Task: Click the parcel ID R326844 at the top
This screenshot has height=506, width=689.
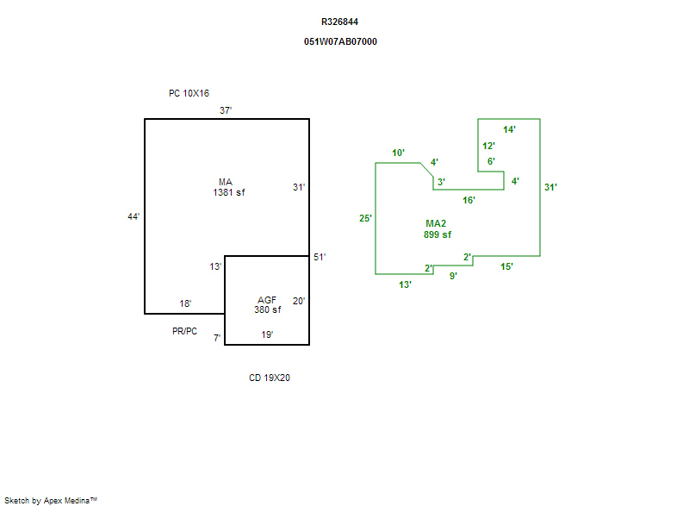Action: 340,22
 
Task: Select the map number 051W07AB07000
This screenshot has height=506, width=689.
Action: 340,41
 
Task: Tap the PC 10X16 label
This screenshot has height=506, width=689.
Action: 189,93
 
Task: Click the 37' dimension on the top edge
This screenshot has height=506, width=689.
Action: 226,110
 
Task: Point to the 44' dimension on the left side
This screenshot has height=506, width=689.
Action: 133,217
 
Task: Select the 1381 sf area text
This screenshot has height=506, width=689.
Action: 229,193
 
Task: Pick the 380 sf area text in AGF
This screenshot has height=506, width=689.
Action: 267,310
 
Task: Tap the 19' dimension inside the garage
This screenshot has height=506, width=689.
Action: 267,334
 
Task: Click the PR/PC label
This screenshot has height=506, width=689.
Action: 184,331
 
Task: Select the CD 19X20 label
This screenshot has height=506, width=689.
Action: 269,378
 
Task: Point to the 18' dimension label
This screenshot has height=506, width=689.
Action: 185,303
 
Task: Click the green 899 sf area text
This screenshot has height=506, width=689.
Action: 438,234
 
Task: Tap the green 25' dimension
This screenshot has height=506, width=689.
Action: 365,219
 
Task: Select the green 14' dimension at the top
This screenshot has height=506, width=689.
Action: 510,129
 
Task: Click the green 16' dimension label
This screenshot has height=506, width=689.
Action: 469,200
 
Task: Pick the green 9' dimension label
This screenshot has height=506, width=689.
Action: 453,276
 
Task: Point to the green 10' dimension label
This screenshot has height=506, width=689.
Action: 398,153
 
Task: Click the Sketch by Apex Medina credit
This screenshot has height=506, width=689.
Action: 51,500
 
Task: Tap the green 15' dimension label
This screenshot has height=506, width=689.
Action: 506,267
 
